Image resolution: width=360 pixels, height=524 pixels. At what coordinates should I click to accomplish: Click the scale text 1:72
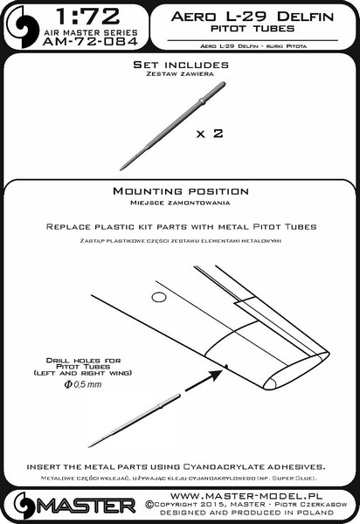[x=87, y=17]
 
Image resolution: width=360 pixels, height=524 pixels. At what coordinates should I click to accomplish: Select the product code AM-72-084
[x=90, y=41]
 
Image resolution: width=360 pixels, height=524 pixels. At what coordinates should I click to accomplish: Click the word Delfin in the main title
[x=305, y=17]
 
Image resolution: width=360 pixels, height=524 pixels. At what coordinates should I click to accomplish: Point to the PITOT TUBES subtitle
[x=253, y=29]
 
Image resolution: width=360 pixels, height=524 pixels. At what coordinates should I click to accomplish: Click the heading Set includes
[x=181, y=65]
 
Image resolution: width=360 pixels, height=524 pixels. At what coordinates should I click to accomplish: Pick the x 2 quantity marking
[x=210, y=134]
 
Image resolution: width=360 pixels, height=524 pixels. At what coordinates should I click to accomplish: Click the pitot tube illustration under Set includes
[x=172, y=126]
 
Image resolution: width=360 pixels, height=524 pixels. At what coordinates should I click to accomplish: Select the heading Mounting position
[x=181, y=191]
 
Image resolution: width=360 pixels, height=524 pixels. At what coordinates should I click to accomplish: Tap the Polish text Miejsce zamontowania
[x=180, y=203]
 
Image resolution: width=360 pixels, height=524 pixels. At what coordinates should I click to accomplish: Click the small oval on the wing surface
[x=159, y=297]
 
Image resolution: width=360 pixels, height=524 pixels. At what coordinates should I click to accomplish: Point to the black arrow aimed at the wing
[x=204, y=380]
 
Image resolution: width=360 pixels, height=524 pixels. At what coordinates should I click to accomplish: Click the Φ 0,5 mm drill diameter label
[x=83, y=384]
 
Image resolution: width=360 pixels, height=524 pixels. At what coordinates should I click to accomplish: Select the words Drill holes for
[x=83, y=361]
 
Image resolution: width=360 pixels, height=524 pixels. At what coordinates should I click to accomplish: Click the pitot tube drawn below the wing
[x=134, y=420]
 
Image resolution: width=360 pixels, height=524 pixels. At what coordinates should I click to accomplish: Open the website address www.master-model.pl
[x=246, y=495]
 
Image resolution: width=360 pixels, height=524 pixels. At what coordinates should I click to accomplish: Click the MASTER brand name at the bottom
[x=86, y=506]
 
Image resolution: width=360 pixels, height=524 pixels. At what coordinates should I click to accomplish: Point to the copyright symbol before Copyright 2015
[x=149, y=505]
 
